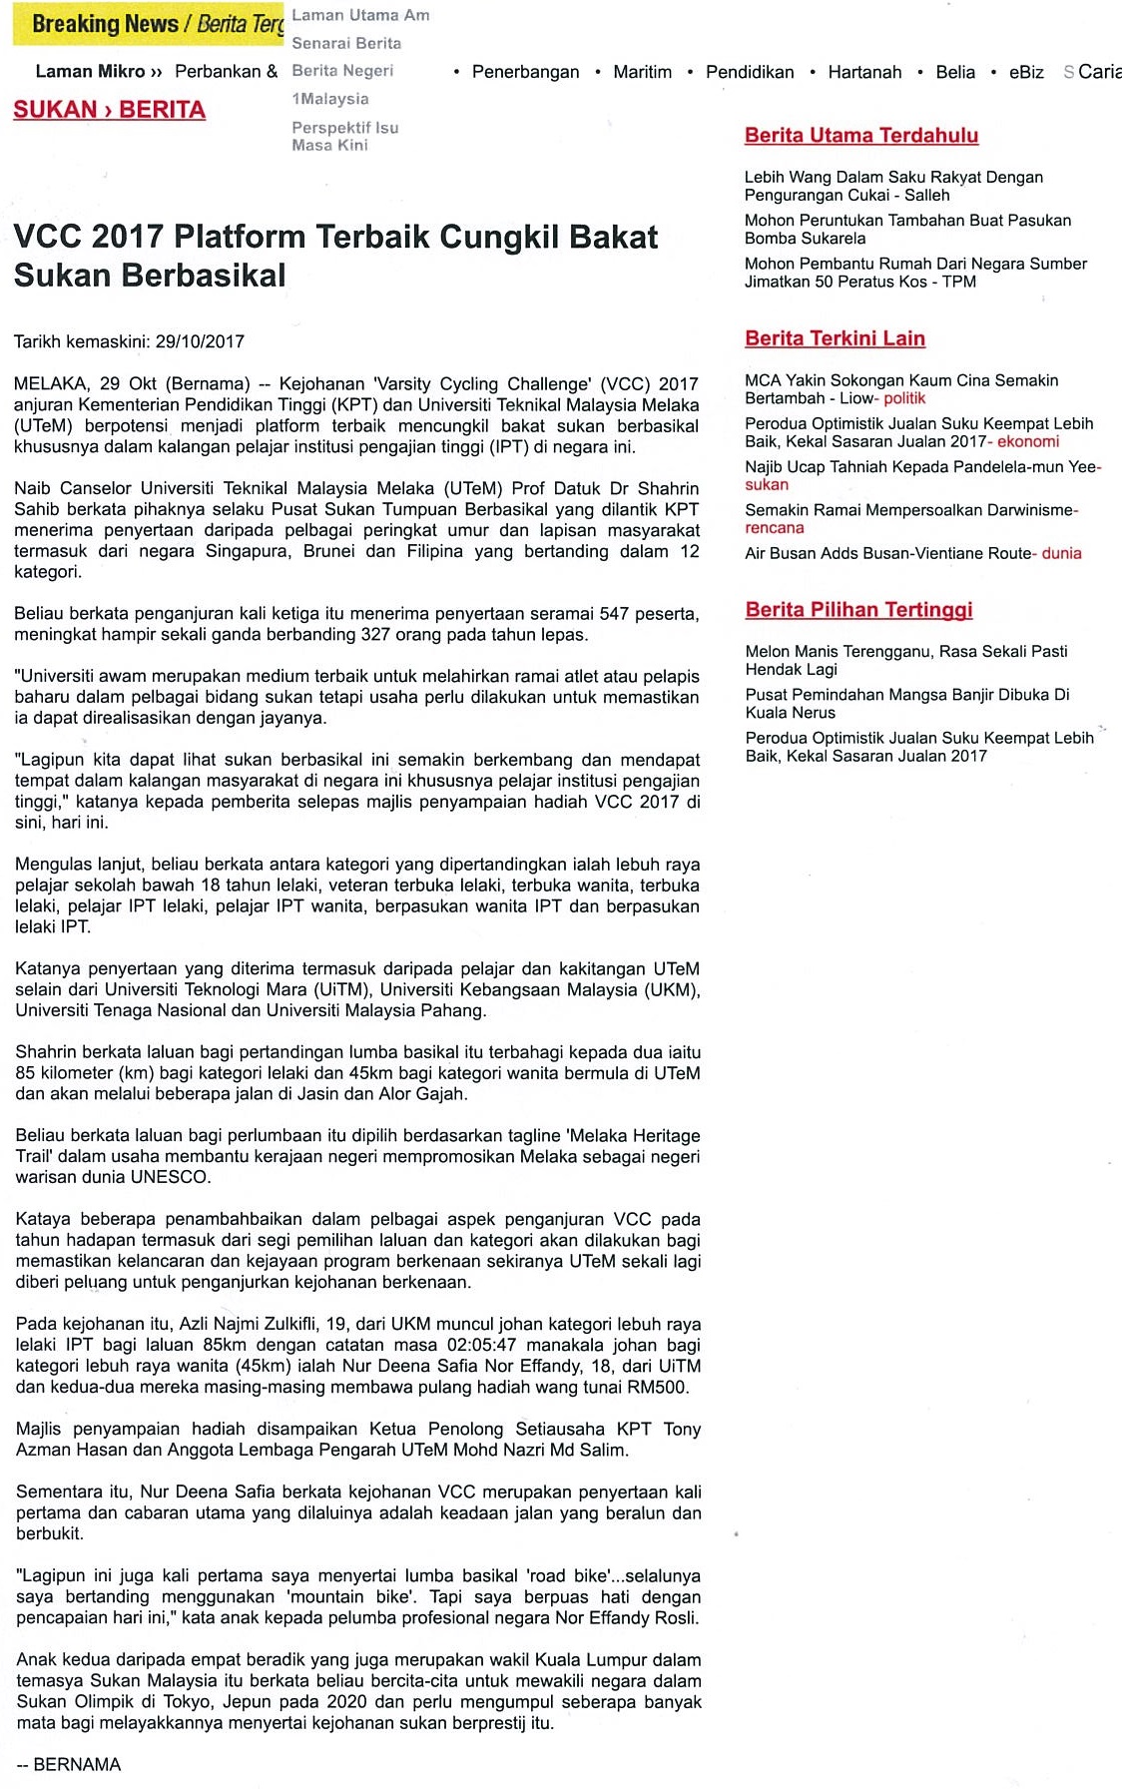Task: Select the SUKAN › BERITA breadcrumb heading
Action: (x=110, y=110)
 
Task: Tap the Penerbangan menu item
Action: (x=525, y=72)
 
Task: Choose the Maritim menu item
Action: (x=642, y=72)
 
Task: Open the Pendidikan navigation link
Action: (x=750, y=72)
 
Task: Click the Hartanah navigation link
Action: (x=864, y=72)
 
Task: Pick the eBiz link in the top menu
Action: (x=1026, y=72)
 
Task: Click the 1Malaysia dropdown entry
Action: (x=330, y=99)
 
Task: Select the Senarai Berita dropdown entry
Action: (x=346, y=43)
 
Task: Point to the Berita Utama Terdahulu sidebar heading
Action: (x=861, y=136)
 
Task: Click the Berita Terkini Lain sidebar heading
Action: (x=835, y=338)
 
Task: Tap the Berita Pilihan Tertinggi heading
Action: (x=858, y=610)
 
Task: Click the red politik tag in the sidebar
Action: (x=904, y=398)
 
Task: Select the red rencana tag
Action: (x=774, y=528)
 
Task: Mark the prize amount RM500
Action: (x=660, y=1387)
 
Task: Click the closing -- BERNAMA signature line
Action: (x=69, y=1764)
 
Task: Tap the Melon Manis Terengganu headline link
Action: (x=906, y=651)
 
